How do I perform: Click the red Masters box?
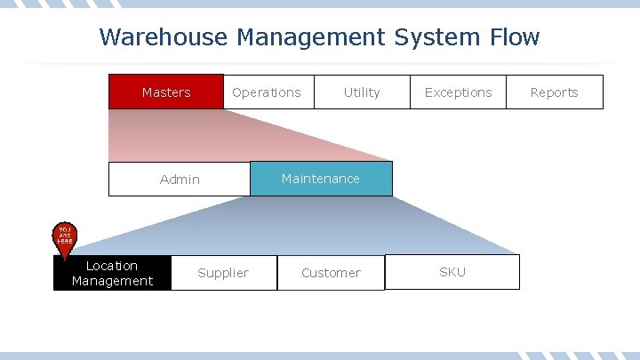[166, 92]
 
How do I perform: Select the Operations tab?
[267, 92]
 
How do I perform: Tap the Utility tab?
[361, 92]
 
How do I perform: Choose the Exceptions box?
[458, 92]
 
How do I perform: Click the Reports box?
[554, 92]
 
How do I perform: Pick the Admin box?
[180, 179]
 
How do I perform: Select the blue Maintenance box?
[321, 179]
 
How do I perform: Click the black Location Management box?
[112, 273]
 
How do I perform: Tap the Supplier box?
[223, 273]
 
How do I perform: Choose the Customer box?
[331, 273]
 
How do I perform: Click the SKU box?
[452, 272]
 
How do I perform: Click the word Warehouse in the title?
[164, 37]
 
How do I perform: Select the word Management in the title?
[310, 37]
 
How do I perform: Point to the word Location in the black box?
[112, 266]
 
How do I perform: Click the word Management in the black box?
[112, 281]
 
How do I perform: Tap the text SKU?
[452, 272]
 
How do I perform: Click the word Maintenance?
[321, 179]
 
